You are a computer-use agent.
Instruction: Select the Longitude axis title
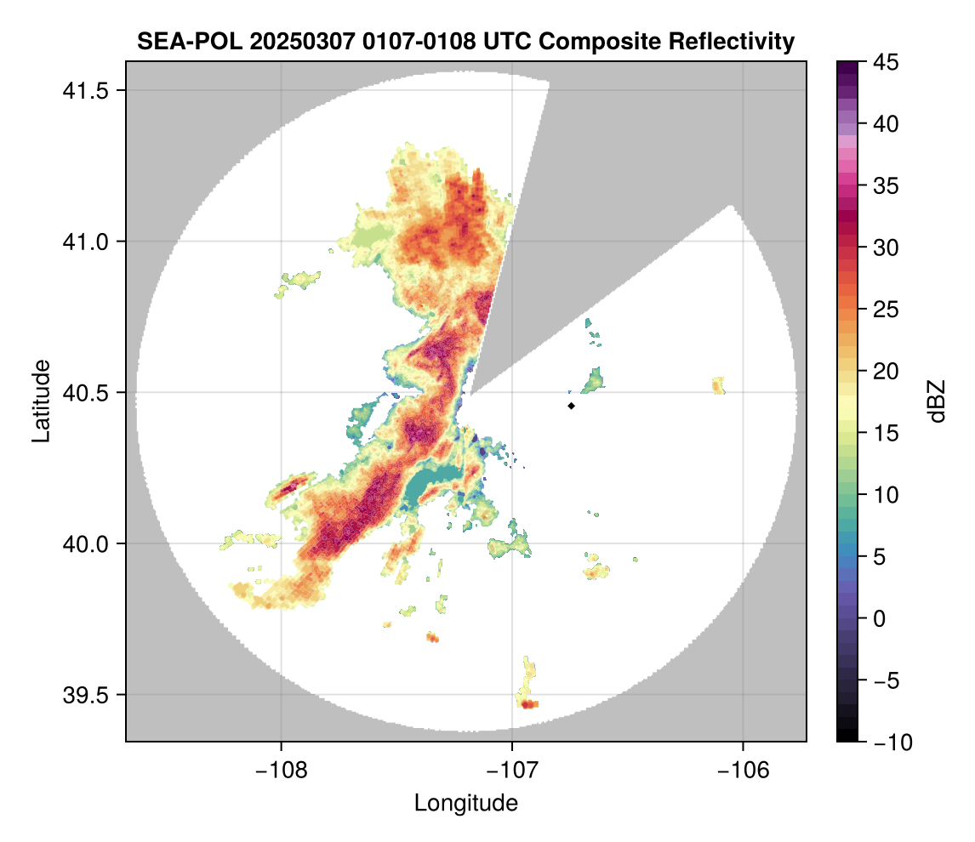465,802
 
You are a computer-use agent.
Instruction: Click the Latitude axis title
41,401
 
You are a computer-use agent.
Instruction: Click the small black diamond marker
571,406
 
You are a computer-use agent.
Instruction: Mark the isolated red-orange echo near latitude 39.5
527,704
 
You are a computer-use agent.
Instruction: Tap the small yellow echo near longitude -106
719,385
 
